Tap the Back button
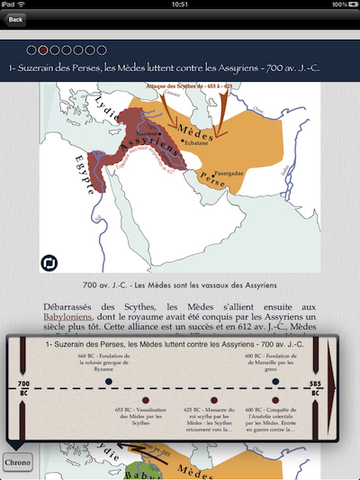pos(15,19)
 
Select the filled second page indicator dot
pos(43,50)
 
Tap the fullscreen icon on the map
pos(49,263)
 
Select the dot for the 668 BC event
pos(109,382)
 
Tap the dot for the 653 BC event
pos(144,401)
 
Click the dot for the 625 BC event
pos(214,401)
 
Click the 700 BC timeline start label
pos(22,388)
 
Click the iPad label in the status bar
pos(13,5)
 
